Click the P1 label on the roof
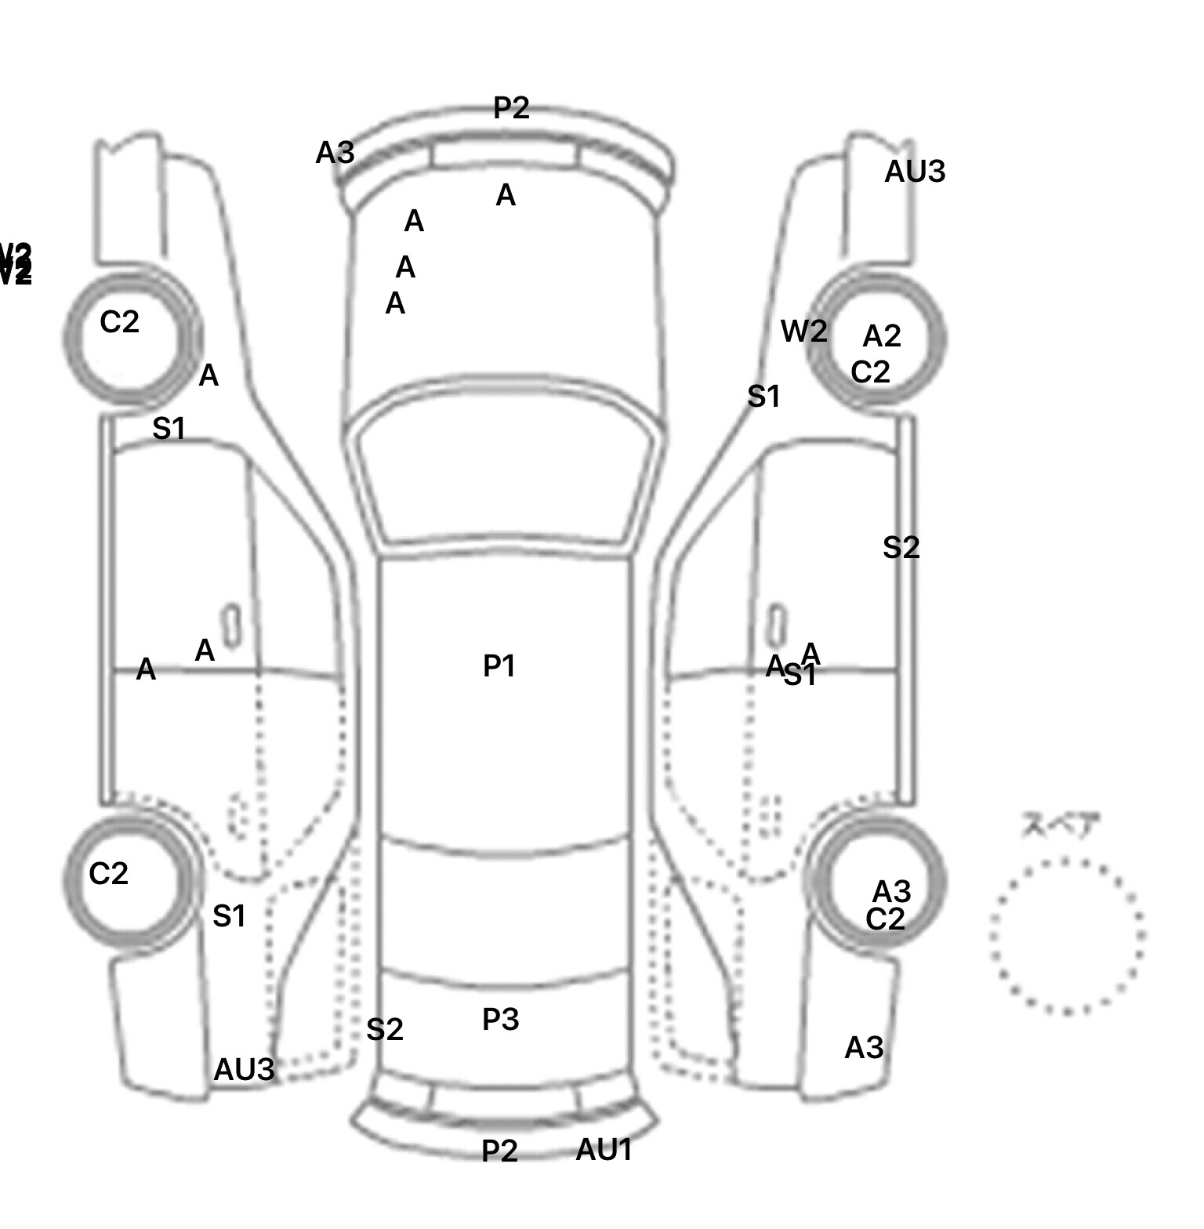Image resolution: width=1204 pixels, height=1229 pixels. pos(499,666)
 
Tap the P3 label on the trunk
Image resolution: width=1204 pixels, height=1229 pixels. pos(500,1020)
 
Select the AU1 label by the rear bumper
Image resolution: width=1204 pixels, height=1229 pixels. pos(604,1150)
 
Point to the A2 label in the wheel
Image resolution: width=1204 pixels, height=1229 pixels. pos(882,336)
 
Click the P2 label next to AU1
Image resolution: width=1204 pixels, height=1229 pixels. pos(499,1151)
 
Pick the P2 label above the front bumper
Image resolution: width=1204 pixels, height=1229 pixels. pos(511,108)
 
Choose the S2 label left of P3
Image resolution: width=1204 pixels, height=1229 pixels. pos(384,1029)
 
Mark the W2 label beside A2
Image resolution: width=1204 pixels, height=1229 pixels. pos(803,332)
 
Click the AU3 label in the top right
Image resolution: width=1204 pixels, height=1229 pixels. pos(915,172)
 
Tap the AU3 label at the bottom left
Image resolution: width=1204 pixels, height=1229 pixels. pos(244,1069)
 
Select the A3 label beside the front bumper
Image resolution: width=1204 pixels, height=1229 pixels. pos(335,153)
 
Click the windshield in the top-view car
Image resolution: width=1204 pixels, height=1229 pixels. pos(506,478)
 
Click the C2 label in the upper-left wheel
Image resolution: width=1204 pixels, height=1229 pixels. pos(119,321)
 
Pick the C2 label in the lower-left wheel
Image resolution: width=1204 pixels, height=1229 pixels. pos(108,873)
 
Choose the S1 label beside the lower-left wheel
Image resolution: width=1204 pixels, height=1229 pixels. pos(229,915)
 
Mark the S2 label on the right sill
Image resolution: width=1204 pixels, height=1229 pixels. pos(901,547)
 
